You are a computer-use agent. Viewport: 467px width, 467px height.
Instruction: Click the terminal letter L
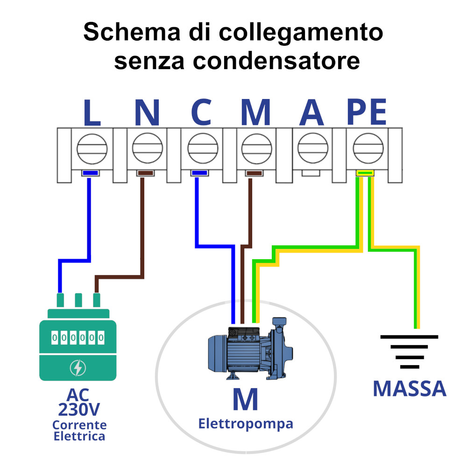pos(92,113)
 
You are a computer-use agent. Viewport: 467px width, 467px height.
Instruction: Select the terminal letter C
pos(201,113)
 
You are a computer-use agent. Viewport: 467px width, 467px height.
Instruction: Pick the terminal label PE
pos(367,113)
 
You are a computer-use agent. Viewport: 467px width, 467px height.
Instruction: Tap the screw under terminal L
pos(92,149)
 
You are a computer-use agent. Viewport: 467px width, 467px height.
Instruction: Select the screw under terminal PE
pos(367,149)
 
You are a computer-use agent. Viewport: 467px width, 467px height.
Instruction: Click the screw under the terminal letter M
pos(257,149)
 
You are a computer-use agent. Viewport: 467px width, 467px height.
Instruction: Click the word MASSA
pos(409,389)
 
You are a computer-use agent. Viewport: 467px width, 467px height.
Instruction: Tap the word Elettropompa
pos(246,424)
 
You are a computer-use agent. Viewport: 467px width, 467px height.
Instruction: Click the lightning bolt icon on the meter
pos(78,368)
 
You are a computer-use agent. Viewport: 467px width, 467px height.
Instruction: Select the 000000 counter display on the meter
pos(78,337)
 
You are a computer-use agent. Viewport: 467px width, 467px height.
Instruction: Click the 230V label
pos(79,410)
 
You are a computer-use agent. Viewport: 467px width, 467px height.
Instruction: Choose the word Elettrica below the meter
pos(79,437)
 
